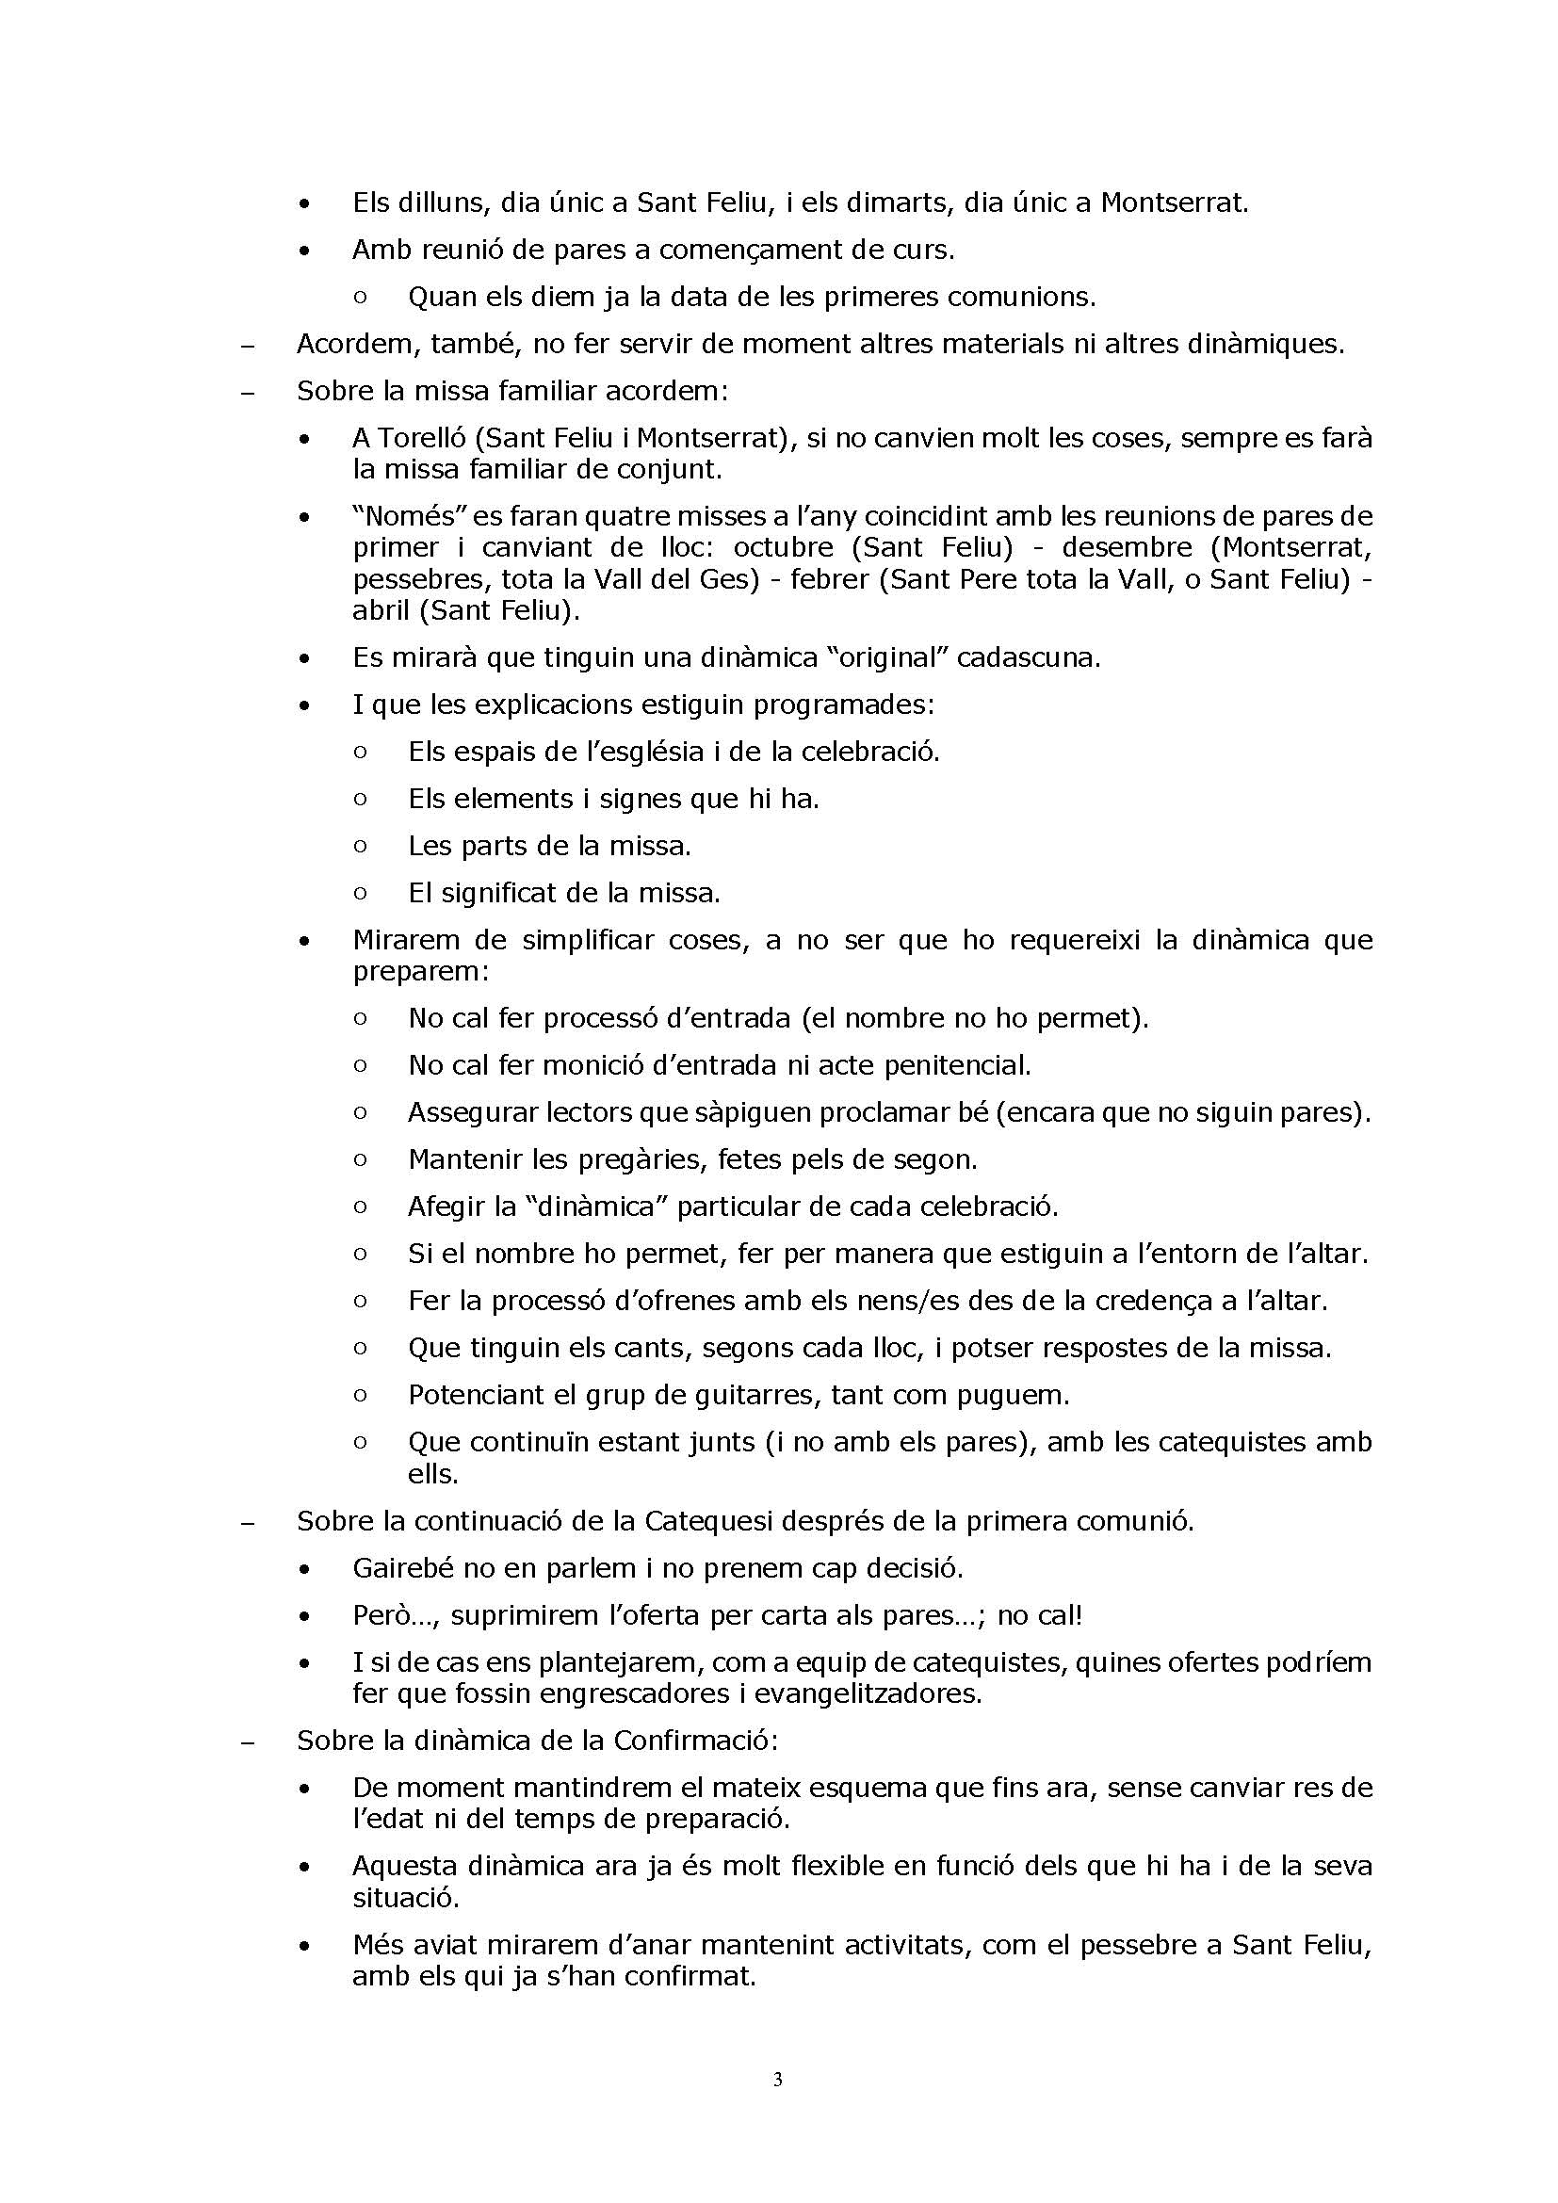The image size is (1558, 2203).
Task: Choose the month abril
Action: [382, 610]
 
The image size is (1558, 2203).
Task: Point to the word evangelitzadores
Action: [868, 1693]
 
